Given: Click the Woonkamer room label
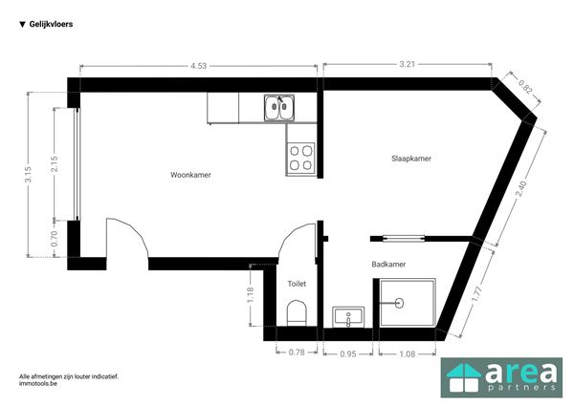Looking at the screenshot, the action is coord(190,175).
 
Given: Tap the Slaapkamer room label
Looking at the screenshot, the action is coord(411,159).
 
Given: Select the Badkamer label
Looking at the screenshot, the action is coord(388,265).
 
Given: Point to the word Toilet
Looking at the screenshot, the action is coord(297,284).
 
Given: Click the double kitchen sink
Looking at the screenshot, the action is coord(279,107).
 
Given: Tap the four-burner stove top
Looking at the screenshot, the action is coord(300,158).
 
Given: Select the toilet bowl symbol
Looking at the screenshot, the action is coord(297,313).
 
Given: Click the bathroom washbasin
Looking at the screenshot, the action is coord(348,317).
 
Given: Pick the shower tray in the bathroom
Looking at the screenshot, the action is coord(408,303).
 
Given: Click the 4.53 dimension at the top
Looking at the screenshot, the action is coord(198,66).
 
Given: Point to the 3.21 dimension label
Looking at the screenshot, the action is coord(408,64).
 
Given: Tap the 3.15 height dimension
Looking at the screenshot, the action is coord(28,174).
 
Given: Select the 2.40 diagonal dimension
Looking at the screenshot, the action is coord(520,189).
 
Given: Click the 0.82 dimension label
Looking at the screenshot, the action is coord(524,87).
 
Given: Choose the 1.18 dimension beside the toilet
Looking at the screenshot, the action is coord(251,295).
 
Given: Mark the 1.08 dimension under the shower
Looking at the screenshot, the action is coord(408,354).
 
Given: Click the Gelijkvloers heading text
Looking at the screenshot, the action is coord(51,24).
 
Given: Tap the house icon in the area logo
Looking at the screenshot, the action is coord(464,377).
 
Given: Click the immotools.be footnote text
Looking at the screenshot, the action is coord(38,383).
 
